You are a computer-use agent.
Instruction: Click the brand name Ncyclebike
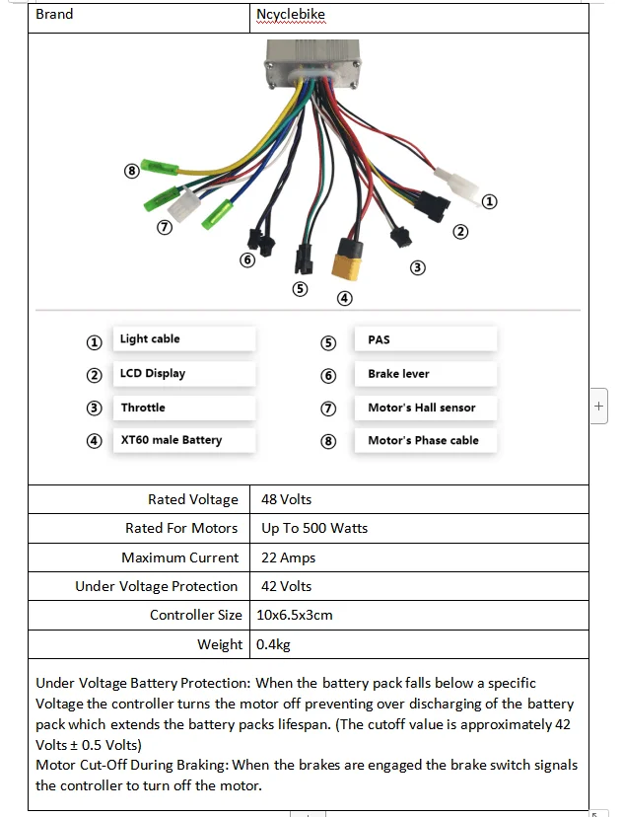point(291,15)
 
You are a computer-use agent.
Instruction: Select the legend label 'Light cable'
point(150,339)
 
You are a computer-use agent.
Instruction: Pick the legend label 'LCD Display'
point(153,374)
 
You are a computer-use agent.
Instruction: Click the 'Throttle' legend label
point(143,408)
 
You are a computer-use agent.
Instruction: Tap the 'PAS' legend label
point(379,339)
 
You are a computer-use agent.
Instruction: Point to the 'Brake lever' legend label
point(398,374)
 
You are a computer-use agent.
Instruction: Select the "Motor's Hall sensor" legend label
point(421,408)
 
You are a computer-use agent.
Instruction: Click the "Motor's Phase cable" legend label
point(423,440)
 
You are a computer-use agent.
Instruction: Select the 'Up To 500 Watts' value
point(314,528)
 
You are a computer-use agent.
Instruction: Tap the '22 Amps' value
point(289,557)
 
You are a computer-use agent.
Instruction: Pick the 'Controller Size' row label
point(195,615)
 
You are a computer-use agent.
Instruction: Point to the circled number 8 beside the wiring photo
point(131,171)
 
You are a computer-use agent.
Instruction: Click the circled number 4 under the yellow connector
point(345,298)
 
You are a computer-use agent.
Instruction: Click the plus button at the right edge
point(599,407)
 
